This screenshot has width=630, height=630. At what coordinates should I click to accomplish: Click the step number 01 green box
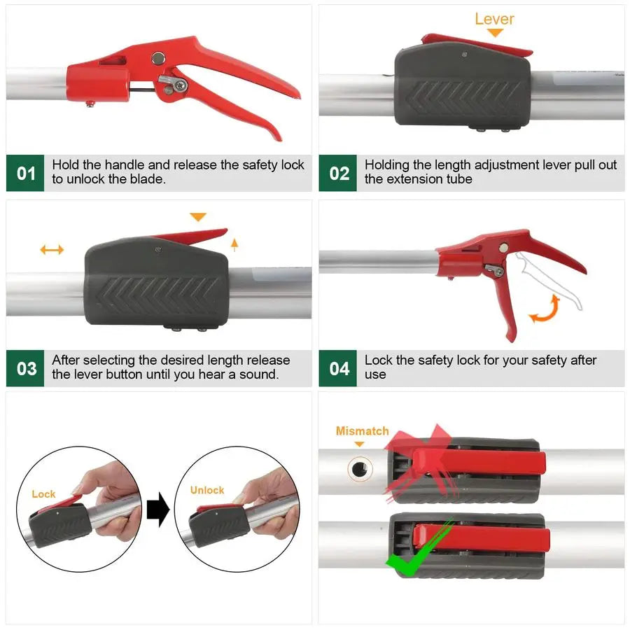click(25, 173)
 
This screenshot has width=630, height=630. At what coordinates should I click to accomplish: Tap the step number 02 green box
click(338, 173)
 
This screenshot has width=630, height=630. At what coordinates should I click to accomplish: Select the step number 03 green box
click(25, 368)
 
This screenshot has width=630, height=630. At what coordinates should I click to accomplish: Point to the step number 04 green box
click(338, 368)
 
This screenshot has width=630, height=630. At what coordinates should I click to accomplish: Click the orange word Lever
click(494, 19)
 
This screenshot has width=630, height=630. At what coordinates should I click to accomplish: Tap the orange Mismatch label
click(362, 431)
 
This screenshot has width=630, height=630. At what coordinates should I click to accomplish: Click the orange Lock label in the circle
click(43, 494)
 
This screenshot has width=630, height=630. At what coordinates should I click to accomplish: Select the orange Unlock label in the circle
click(207, 490)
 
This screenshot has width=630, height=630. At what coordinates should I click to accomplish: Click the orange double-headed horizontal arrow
click(52, 249)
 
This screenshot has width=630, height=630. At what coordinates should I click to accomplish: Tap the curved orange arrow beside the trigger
click(545, 310)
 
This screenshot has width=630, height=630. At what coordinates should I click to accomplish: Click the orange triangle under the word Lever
click(495, 33)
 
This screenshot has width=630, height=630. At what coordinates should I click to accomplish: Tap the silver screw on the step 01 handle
click(181, 85)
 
